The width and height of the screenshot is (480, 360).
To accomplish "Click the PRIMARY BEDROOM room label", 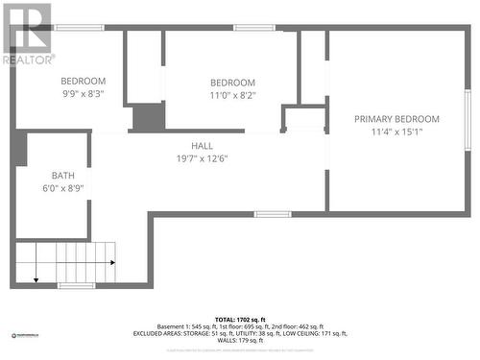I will tap(396, 119).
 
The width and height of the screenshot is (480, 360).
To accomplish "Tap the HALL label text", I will tap(202, 146).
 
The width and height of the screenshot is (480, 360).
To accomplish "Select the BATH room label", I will tap(63, 176).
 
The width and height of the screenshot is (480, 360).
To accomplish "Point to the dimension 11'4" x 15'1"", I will tap(396, 132).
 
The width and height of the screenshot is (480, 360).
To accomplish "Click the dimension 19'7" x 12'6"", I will tap(202, 158).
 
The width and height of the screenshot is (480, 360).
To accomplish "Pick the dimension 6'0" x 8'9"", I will tap(63, 189).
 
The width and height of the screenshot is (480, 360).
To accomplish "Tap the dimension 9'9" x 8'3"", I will tap(84, 94).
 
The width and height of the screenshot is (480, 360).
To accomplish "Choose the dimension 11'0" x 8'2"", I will tap(232, 96).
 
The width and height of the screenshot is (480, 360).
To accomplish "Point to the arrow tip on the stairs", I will tap(36, 279).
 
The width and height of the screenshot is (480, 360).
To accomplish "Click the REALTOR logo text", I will tap(29, 60).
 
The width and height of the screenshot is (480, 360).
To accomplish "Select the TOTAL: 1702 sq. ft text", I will tap(239, 318).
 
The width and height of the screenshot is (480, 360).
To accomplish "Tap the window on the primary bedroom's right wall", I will tap(468, 119).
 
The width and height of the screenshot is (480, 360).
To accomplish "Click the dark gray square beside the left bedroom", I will tap(148, 117).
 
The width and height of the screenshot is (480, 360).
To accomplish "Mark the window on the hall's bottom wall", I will tap(273, 214).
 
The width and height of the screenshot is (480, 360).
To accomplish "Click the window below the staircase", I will tap(76, 285).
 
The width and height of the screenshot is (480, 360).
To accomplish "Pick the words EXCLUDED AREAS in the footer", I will tap(159, 333).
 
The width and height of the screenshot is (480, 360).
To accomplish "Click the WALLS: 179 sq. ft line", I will tap(239, 341).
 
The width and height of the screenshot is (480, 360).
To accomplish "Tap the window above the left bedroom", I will tap(80, 28).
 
